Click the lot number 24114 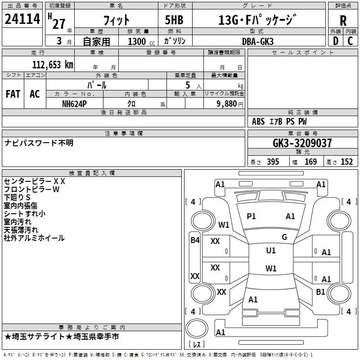click(22, 19)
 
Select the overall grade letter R click(343, 21)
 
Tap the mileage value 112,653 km click(53, 65)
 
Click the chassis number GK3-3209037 click(302, 143)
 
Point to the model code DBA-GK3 click(258, 41)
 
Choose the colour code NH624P click(74, 104)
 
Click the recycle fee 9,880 click(227, 104)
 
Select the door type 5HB click(174, 20)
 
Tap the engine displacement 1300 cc click(141, 41)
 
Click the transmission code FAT click(13, 94)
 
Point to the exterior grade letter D click(336, 41)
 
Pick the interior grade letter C click(350, 41)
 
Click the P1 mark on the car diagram click(251, 216)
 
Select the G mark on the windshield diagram click(284, 237)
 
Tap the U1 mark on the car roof click(271, 251)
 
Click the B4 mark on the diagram click(195, 240)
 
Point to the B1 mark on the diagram click(320, 292)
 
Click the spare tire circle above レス click(197, 328)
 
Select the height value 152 click(346, 162)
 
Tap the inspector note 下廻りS click(17, 198)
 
